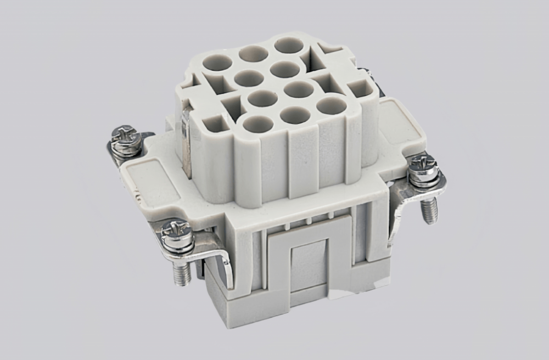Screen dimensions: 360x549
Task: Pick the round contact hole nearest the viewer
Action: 257,124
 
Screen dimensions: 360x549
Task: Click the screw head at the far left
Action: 125,134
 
